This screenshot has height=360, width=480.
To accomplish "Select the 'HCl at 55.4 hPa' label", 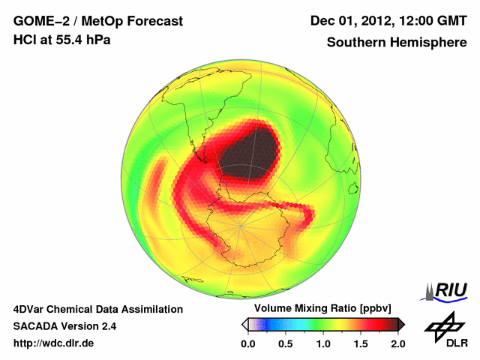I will click(x=62, y=40).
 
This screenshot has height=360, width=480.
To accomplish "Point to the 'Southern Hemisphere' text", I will click(x=397, y=43).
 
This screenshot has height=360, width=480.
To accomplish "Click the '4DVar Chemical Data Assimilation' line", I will click(x=97, y=309).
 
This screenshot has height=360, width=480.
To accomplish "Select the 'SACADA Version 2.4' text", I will click(x=64, y=326).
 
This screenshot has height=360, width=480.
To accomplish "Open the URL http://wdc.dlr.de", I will click(x=54, y=343).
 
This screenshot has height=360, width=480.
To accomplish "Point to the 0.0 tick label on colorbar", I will click(x=248, y=343).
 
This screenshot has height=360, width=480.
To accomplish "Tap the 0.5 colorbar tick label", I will click(x=286, y=343).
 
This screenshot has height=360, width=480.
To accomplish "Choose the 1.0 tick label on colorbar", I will click(x=323, y=343).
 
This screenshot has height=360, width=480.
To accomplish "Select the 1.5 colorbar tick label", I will click(x=361, y=343).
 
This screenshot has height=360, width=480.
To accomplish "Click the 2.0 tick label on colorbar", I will click(x=397, y=343).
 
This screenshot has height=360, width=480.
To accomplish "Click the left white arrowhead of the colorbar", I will click(x=244, y=324).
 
